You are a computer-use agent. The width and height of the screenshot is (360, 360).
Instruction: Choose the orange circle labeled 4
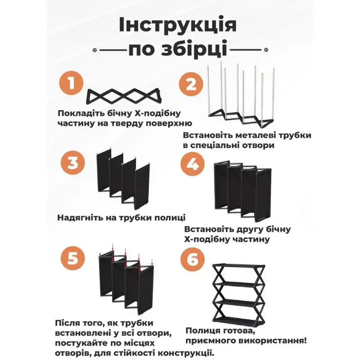point(193,164)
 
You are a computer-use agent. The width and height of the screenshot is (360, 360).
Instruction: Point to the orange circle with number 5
point(72,258)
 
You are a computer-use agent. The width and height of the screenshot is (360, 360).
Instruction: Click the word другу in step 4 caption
point(252,229)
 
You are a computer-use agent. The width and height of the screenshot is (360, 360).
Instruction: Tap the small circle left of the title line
point(94,50)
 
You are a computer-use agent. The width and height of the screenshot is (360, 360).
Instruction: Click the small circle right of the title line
point(266,50)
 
